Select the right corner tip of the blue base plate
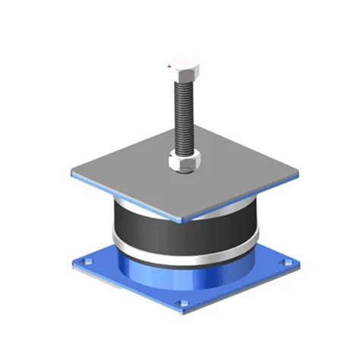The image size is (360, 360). [x=297, y=266]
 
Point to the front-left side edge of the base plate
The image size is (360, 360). [x=125, y=292]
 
